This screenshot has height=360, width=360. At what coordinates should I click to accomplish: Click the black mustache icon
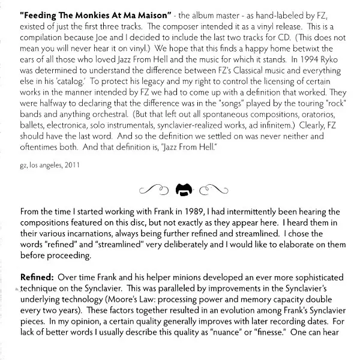point(182,190)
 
